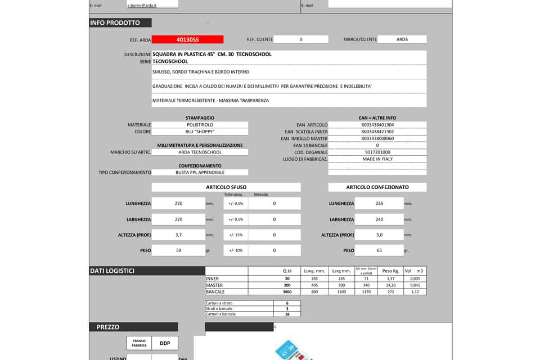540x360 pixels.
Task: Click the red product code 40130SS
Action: pyautogui.click(x=187, y=39)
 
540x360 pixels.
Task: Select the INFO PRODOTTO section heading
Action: pyautogui.click(x=115, y=23)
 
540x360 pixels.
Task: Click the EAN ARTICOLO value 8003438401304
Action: pyautogui.click(x=377, y=125)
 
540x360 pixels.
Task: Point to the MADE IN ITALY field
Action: pyautogui.click(x=377, y=159)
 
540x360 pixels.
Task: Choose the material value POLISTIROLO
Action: pyautogui.click(x=200, y=125)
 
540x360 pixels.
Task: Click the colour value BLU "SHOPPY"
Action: pyautogui.click(x=200, y=132)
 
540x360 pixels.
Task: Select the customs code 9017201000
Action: pyautogui.click(x=377, y=152)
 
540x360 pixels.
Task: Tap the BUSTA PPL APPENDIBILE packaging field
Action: pyautogui.click(x=200, y=173)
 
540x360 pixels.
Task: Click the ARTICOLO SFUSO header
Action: pyautogui.click(x=226, y=187)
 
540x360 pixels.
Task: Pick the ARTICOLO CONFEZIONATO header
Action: pyautogui.click(x=377, y=187)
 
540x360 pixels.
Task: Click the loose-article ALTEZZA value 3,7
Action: pyautogui.click(x=178, y=235)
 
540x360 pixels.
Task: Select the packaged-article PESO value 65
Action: pyautogui.click(x=379, y=250)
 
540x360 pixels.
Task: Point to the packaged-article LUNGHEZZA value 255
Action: pyautogui.click(x=379, y=204)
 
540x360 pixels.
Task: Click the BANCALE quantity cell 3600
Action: pyautogui.click(x=287, y=292)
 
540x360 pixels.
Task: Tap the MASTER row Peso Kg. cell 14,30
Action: pyautogui.click(x=387, y=285)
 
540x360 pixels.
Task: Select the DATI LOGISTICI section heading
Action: pyautogui.click(x=112, y=271)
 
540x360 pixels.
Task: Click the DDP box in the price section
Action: pyautogui.click(x=165, y=343)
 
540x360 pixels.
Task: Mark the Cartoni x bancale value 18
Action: pyautogui.click(x=287, y=314)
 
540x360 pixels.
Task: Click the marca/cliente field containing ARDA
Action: pyautogui.click(x=402, y=39)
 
